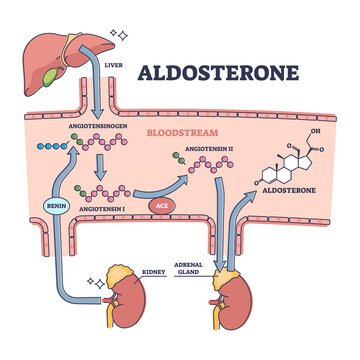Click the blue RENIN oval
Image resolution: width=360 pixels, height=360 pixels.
coord(56,207)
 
